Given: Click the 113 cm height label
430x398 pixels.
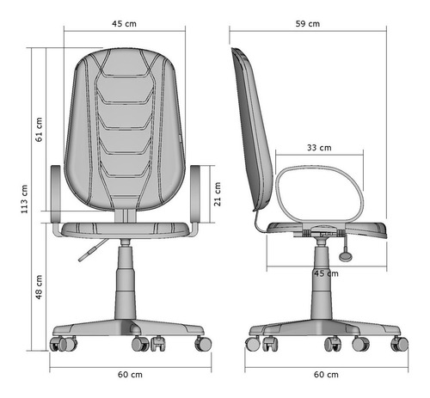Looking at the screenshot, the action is [24, 199].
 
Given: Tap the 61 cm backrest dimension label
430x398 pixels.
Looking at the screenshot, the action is [39, 130].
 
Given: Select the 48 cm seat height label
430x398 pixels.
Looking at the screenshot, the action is [39, 287].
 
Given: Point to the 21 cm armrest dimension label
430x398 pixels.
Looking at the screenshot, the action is [218, 194].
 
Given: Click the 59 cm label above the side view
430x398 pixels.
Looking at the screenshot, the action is [308, 24].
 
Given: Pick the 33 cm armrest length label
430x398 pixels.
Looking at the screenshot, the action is [319, 148].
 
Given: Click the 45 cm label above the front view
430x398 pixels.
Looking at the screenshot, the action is [124, 24].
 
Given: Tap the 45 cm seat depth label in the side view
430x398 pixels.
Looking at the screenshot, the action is [326, 273].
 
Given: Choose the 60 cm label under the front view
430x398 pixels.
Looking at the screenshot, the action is [130, 375].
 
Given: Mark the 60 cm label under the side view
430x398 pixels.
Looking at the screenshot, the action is [326, 375].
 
